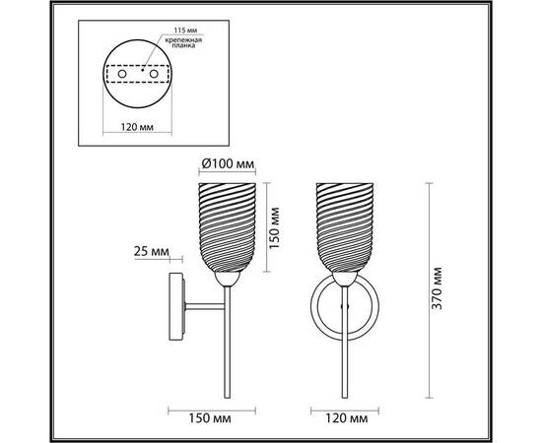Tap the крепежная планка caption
(x=183, y=42)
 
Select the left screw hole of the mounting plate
(x=122, y=74)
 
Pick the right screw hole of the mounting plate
(x=154, y=74)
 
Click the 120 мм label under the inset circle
(x=137, y=127)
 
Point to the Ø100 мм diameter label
(x=228, y=163)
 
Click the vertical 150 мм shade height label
(x=274, y=227)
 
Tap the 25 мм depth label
(x=152, y=251)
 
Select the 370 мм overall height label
(x=438, y=288)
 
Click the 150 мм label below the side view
(x=210, y=418)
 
